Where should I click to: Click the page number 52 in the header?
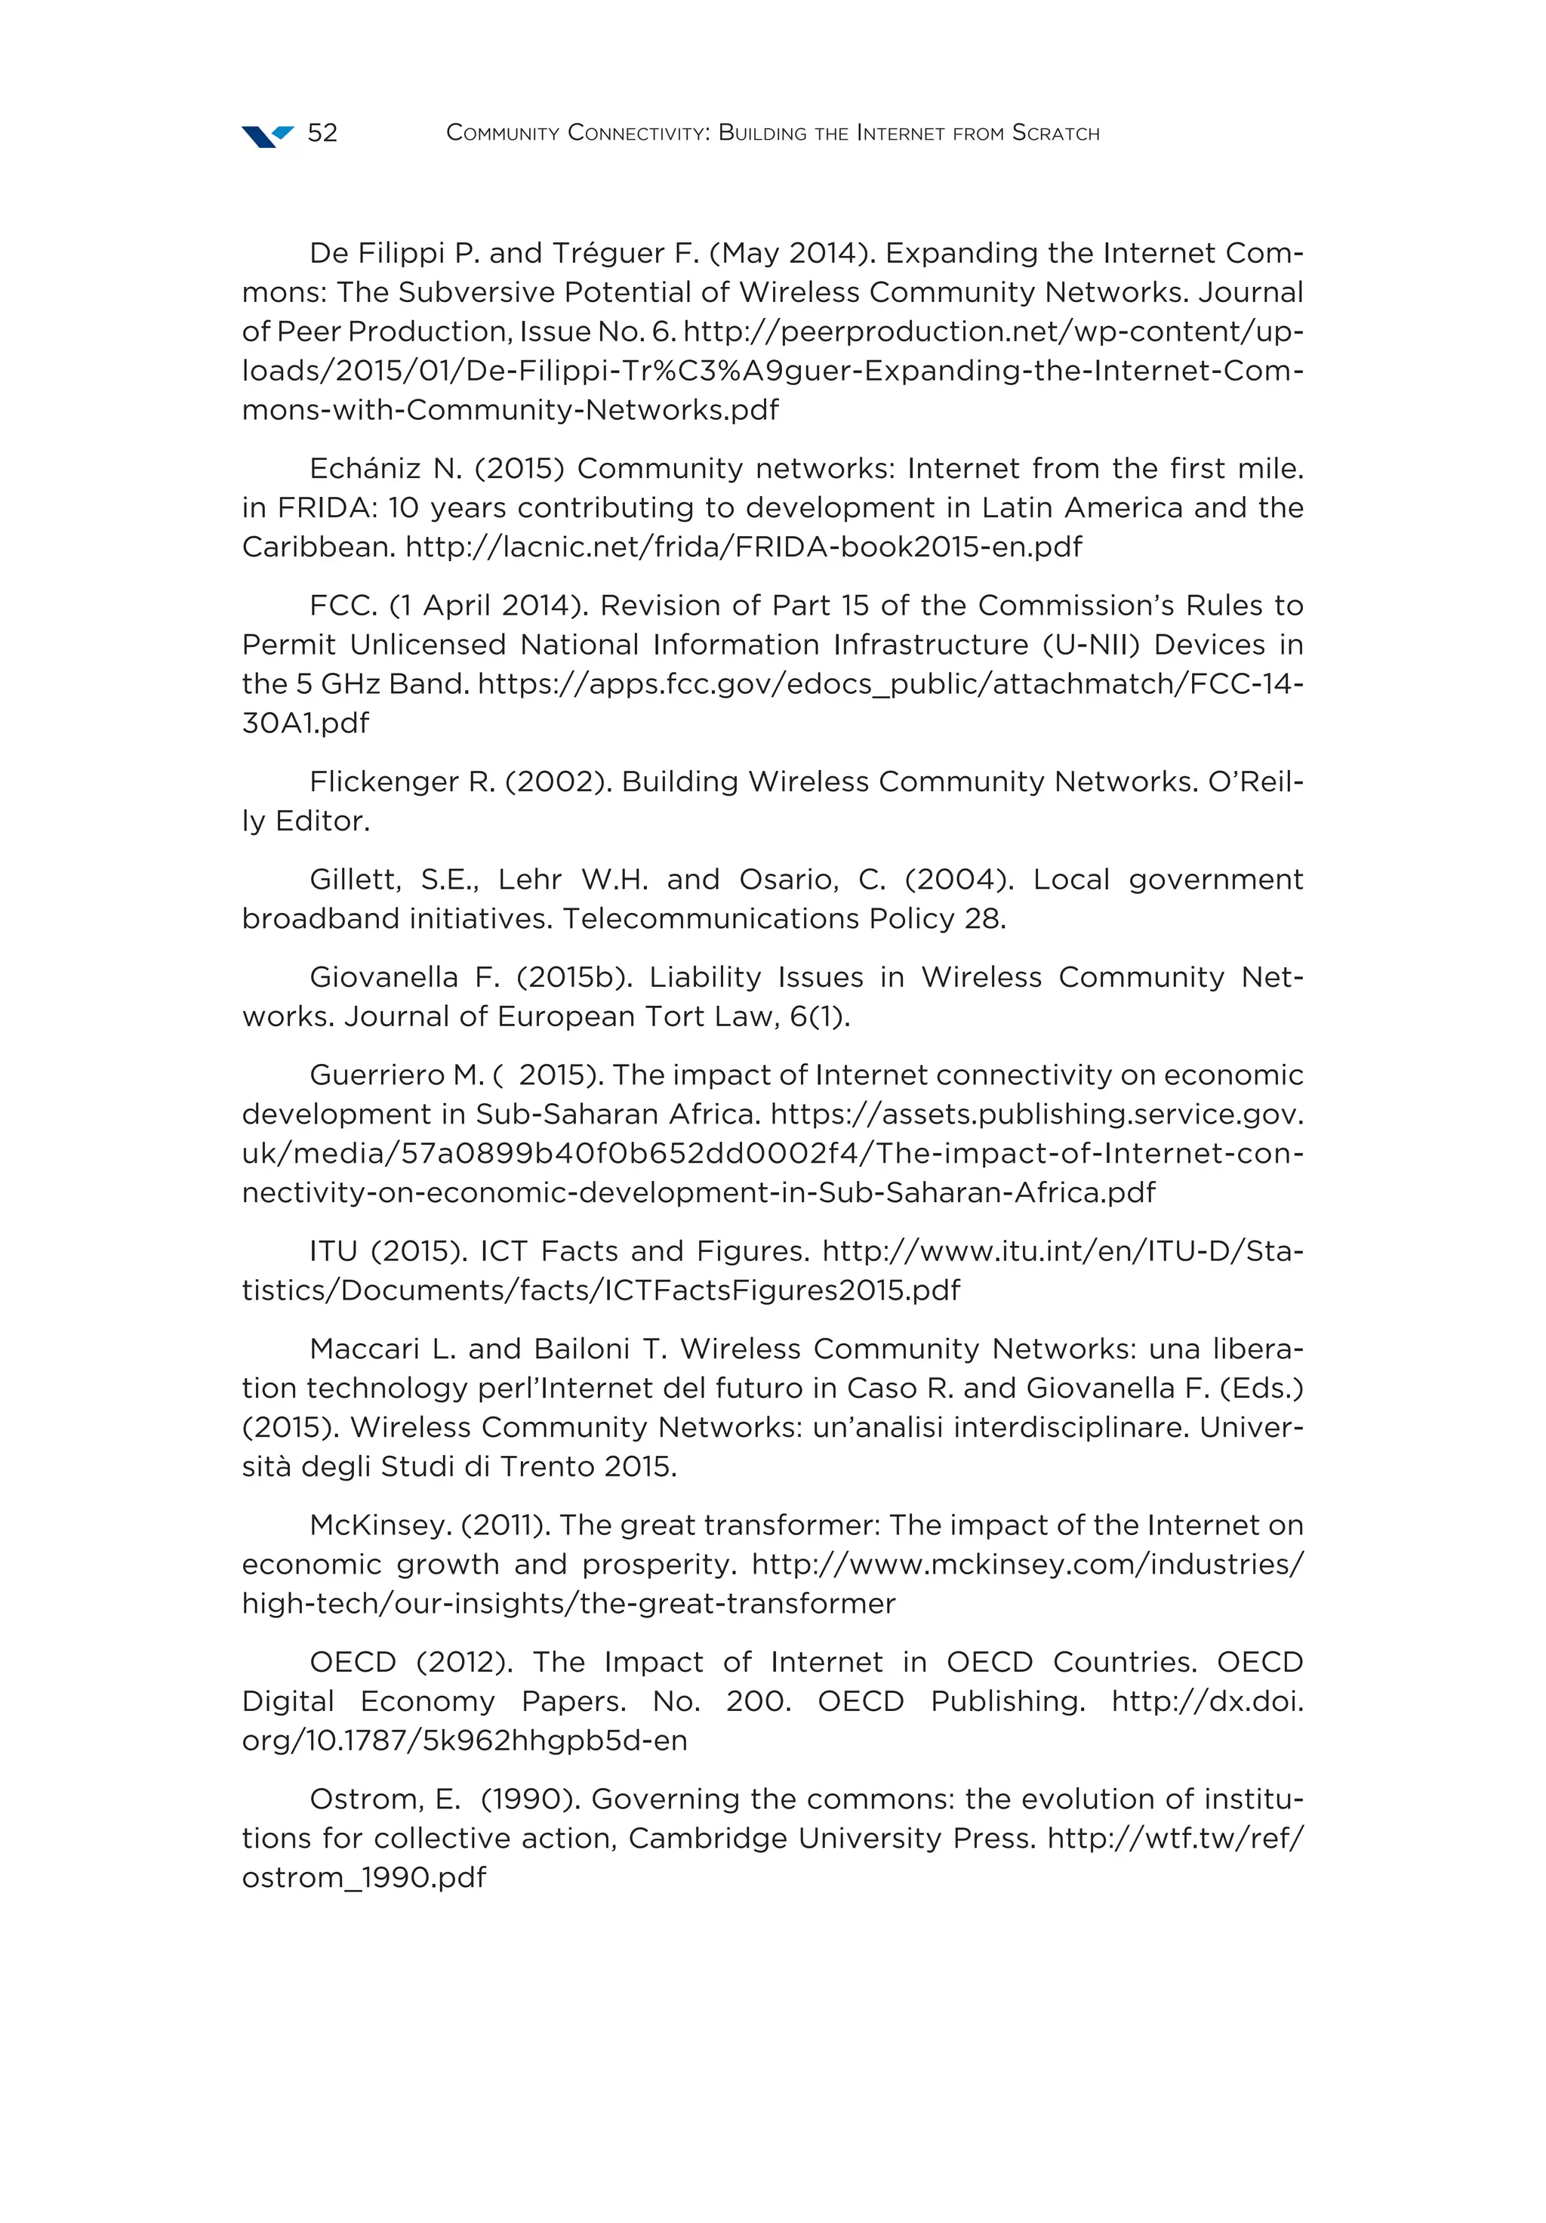tap(322, 133)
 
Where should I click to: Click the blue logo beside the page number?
tap(267, 136)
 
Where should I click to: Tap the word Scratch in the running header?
tap(1055, 133)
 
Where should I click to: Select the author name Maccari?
tap(365, 1349)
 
